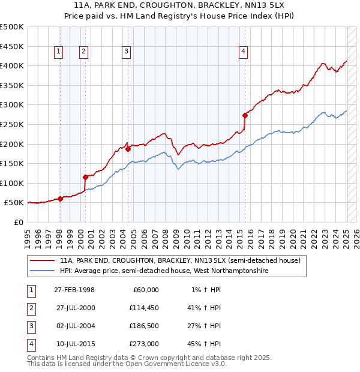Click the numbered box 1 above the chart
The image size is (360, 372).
point(59,52)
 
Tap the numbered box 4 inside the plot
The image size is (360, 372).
point(243,52)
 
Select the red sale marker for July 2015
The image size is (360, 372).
point(245,115)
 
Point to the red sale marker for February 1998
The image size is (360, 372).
point(60,199)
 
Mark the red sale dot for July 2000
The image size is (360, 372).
point(85,177)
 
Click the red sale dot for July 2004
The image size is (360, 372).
point(128,149)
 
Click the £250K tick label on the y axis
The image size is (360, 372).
point(12,124)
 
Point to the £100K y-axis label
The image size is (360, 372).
point(12,183)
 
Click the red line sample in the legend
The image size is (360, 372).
point(43,261)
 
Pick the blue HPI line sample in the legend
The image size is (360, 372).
point(43,271)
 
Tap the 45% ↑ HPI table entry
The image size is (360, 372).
point(203,344)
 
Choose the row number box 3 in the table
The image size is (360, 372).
point(30,326)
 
